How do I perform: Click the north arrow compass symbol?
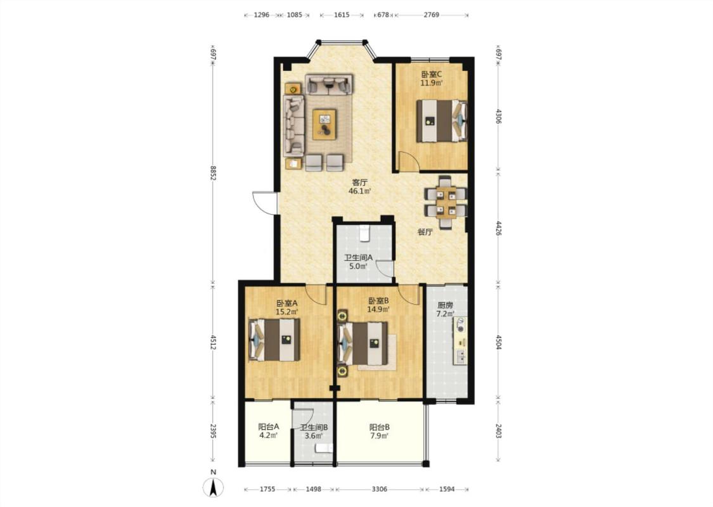(213, 487)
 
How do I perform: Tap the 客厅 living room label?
(360, 183)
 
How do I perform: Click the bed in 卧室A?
(274, 340)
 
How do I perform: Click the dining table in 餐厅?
(446, 202)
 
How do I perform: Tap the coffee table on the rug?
(324, 124)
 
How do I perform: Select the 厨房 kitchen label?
(445, 305)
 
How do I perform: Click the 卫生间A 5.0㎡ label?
(358, 262)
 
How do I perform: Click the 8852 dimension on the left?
(212, 173)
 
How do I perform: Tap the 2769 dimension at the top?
(432, 15)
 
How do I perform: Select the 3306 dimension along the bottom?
(380, 489)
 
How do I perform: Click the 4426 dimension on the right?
(498, 228)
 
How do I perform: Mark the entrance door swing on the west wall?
(265, 203)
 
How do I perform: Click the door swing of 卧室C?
(408, 162)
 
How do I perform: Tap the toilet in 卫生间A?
(364, 233)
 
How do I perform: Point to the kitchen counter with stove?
(459, 341)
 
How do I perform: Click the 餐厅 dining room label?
(425, 233)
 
